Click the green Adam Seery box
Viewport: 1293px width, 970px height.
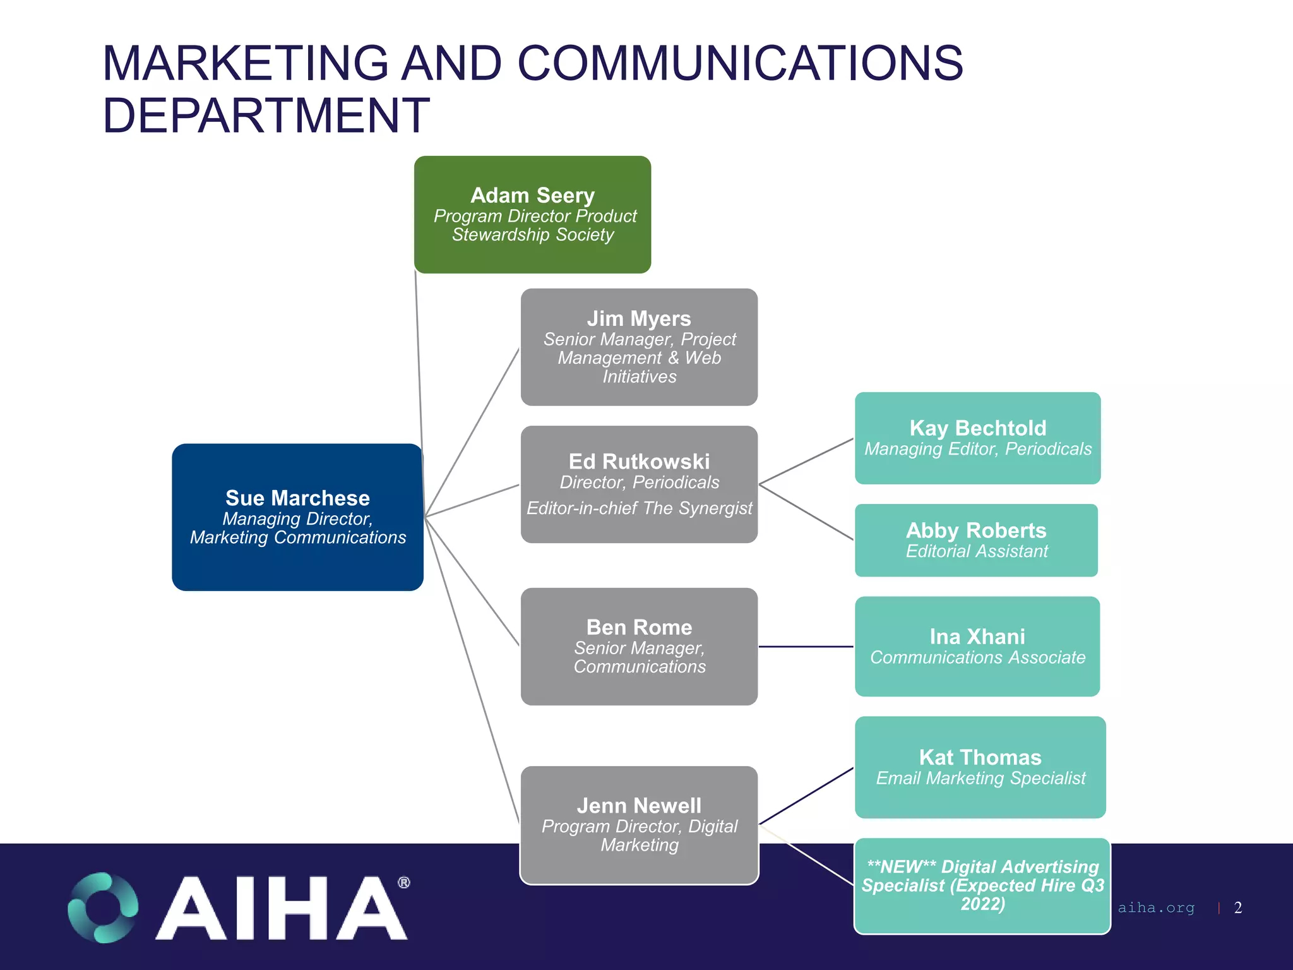tap(532, 215)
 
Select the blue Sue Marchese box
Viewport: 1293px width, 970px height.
tap(297, 517)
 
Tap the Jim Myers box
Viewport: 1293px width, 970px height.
tap(639, 347)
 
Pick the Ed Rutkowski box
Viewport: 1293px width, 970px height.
tap(639, 484)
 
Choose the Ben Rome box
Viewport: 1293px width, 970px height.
tap(639, 646)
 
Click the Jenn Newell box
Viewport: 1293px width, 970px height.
tap(639, 825)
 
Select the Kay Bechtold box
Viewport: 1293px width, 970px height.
tap(977, 438)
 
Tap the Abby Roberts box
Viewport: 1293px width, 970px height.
tap(976, 540)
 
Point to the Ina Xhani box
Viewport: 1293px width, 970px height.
tap(977, 646)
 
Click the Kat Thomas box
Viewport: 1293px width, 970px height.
tap(980, 767)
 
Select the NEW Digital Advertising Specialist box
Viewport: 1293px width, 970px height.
tap(982, 885)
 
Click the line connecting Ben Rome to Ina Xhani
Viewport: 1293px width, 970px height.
tap(806, 647)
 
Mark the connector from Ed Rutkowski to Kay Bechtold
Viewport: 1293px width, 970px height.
tap(806, 462)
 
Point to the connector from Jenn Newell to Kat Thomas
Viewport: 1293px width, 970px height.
tap(806, 796)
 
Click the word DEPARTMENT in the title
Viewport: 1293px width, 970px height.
tap(266, 116)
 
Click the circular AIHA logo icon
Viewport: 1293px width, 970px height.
tap(103, 907)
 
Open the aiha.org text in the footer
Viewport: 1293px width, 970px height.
tap(1156, 907)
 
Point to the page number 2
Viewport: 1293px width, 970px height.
tap(1237, 907)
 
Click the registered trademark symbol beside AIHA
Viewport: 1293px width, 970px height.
tap(404, 882)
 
